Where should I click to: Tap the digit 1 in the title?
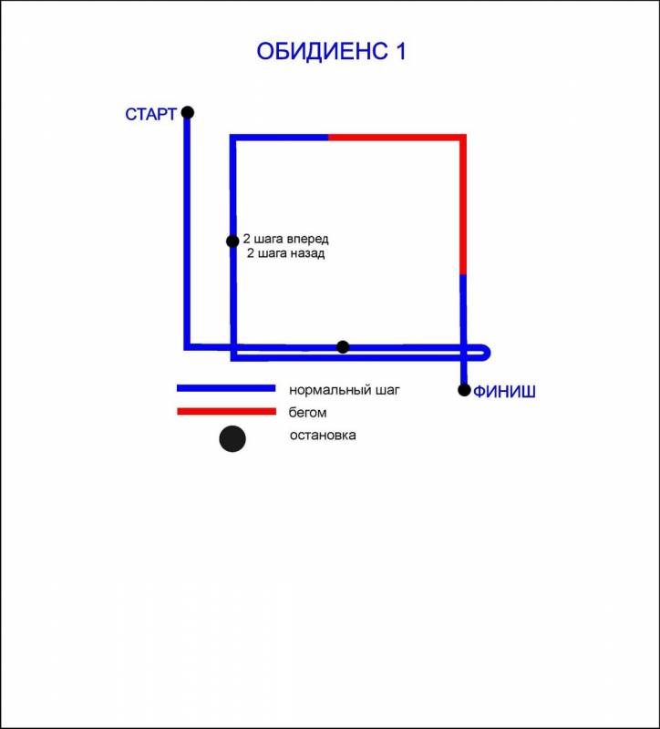coord(399,51)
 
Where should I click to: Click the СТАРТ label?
coord(150,115)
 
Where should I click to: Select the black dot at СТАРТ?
coord(187,112)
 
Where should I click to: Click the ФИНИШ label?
coord(504,393)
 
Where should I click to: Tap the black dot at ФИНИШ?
coord(464,390)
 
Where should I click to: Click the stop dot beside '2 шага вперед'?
coord(232,241)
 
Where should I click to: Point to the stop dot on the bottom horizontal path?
coord(343,346)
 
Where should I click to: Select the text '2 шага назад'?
coord(286,254)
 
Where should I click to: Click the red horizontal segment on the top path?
coord(396,138)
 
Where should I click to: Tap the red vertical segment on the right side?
coord(463,205)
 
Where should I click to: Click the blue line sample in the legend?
coord(226,388)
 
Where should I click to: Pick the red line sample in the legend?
coord(226,412)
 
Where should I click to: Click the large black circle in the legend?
coord(232,438)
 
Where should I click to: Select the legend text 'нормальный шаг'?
coord(345,389)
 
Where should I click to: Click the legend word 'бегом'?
coord(307,413)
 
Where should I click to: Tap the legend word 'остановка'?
coord(323,436)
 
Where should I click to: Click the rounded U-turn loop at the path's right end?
coord(487,352)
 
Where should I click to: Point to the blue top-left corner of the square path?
coord(233,139)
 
